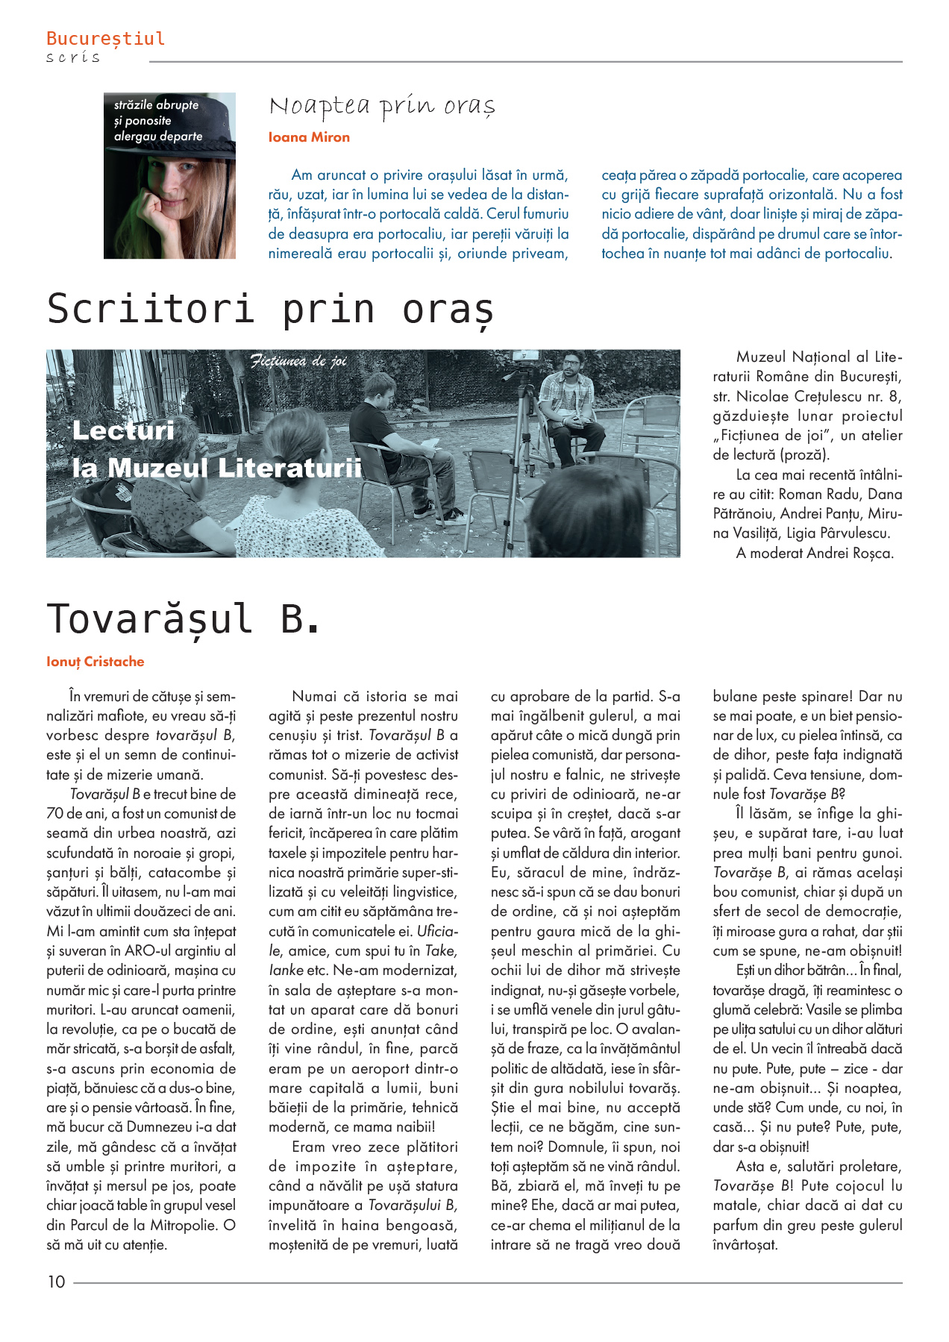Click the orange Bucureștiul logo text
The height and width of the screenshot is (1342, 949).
[105, 38]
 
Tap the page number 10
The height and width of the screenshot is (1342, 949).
[57, 1282]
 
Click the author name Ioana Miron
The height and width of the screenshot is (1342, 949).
[309, 137]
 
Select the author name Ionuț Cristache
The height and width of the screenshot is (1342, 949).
[95, 662]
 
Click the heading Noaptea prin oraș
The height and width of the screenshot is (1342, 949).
[382, 107]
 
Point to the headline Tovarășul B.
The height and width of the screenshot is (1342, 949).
[184, 619]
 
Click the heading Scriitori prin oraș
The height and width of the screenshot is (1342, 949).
[270, 309]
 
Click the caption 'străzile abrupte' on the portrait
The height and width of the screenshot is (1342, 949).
[157, 105]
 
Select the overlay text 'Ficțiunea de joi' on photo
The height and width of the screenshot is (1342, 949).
[298, 362]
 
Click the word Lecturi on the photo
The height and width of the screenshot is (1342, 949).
[123, 430]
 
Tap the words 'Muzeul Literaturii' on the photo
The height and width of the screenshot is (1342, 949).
[235, 468]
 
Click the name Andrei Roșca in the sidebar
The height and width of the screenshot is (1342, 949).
[851, 554]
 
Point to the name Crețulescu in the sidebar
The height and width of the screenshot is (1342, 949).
[828, 397]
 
